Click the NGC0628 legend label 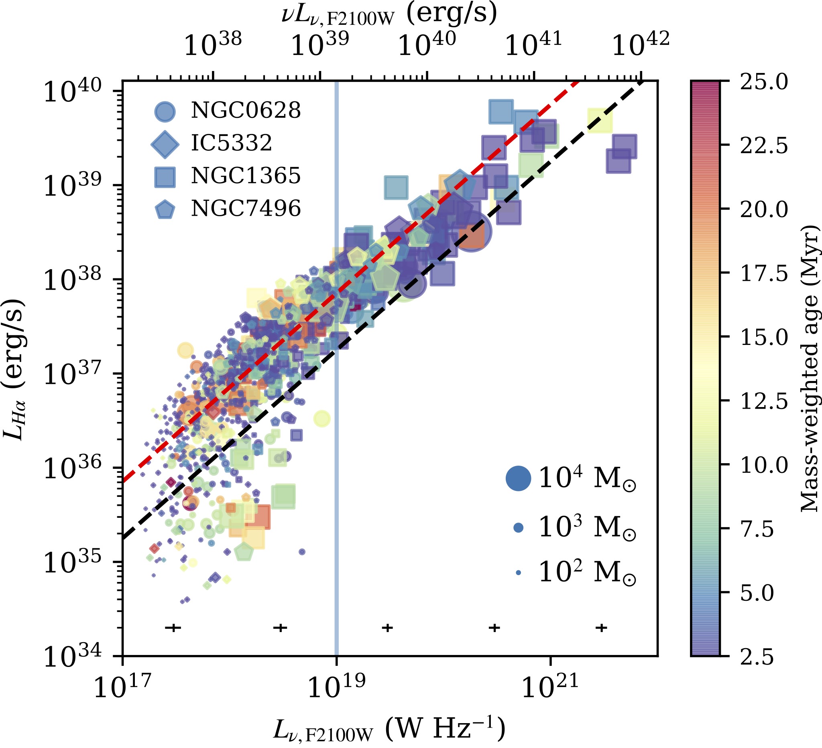[x=246, y=110]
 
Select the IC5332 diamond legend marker [x=165, y=144]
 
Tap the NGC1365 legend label [x=246, y=176]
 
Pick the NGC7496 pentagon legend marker [x=165, y=209]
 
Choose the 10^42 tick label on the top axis [x=641, y=44]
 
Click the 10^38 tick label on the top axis [x=213, y=44]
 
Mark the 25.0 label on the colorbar [x=764, y=82]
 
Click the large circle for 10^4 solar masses [x=518, y=478]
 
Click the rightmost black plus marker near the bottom [x=601, y=628]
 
